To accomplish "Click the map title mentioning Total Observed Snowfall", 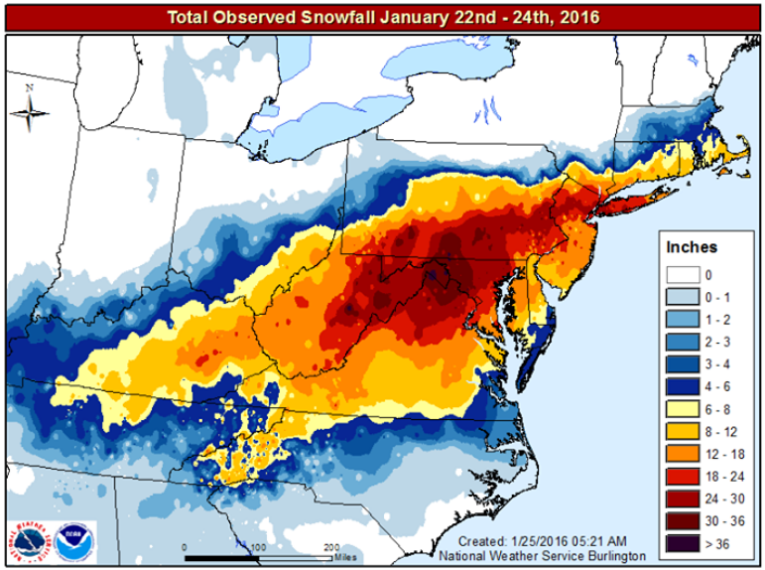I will tap(382, 17).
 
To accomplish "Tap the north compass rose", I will tap(30, 111).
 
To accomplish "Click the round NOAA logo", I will tap(69, 539).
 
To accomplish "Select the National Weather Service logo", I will tap(29, 539).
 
